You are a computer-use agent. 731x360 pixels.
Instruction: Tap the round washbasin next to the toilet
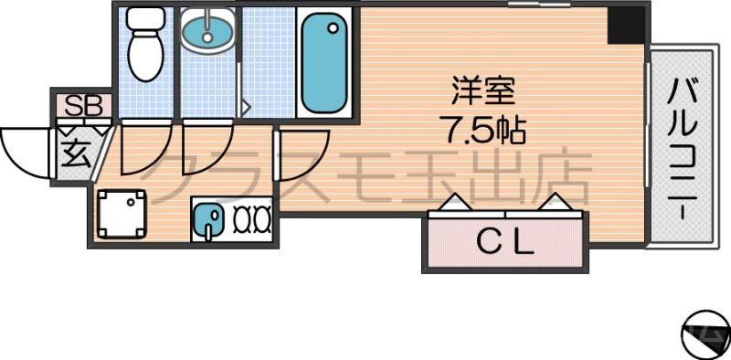(207, 34)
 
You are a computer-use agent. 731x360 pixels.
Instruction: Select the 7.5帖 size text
(485, 130)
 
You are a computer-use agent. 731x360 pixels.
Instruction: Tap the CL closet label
(503, 243)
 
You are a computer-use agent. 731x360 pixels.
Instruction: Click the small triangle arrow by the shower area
(245, 108)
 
